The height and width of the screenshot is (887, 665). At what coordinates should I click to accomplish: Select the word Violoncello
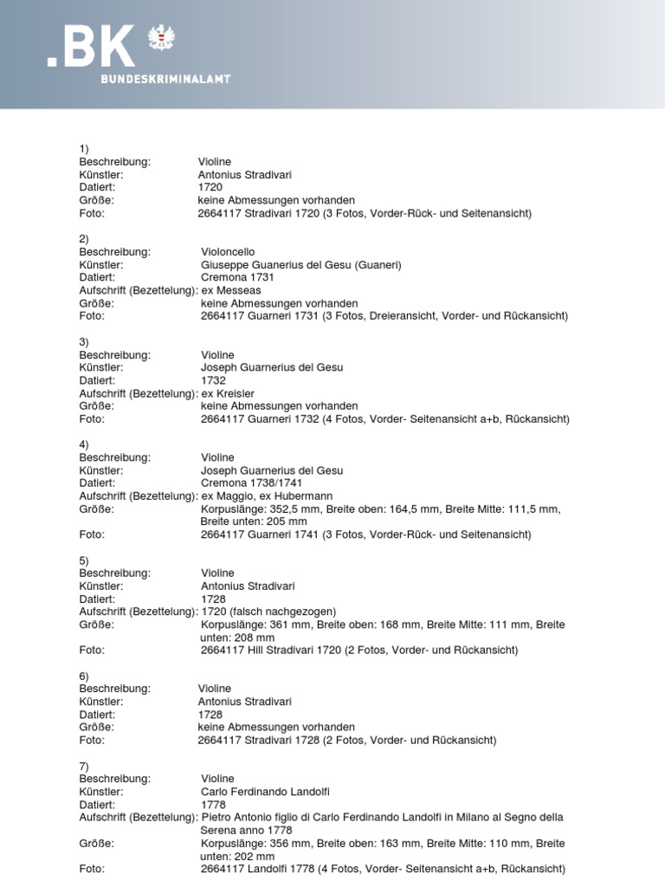click(x=228, y=252)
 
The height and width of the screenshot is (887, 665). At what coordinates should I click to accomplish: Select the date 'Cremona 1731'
click(x=236, y=277)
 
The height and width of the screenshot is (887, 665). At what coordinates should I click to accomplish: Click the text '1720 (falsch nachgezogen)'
click(x=268, y=612)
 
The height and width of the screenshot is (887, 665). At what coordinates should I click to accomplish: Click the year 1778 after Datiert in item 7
click(x=213, y=805)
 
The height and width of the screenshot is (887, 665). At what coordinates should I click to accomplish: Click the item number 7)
click(x=84, y=766)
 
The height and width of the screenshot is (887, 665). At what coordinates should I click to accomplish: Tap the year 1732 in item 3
click(x=213, y=380)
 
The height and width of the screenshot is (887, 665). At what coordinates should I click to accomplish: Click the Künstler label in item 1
click(x=100, y=174)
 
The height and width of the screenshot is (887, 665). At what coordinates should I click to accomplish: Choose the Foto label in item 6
click(x=91, y=741)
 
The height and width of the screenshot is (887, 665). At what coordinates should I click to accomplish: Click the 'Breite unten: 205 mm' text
click(x=254, y=521)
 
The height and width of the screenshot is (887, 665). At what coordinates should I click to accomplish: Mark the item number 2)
click(x=84, y=239)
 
